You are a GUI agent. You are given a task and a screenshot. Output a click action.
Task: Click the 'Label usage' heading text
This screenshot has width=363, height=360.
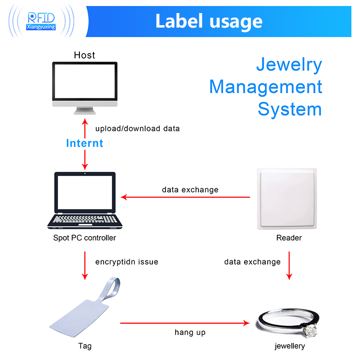point(209,21)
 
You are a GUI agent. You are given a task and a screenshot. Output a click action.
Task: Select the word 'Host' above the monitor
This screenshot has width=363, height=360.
point(84,55)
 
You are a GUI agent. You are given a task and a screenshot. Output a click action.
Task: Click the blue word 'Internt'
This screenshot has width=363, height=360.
point(85,143)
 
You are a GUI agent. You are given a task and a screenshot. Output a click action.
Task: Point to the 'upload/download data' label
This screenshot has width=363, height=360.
point(137,129)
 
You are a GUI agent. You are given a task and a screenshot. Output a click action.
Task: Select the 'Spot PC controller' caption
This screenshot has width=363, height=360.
point(84,238)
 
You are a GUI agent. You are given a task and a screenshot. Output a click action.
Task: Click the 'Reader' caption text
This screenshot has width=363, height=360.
point(289,238)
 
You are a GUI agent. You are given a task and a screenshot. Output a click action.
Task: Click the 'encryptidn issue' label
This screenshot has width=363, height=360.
point(127,262)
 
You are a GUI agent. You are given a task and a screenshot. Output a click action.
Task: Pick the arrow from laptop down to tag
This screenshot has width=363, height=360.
point(85,265)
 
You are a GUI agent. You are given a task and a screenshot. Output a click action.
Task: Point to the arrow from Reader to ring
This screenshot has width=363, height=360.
point(289,265)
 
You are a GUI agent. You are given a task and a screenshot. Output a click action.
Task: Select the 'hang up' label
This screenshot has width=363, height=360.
point(190,332)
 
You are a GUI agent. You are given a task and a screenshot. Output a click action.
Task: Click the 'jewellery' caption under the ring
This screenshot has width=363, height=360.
point(289,346)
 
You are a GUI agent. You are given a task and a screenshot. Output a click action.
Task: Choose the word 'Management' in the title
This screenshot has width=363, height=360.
point(265,87)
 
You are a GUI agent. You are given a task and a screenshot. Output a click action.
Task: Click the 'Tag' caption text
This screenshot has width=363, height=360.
point(85,346)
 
